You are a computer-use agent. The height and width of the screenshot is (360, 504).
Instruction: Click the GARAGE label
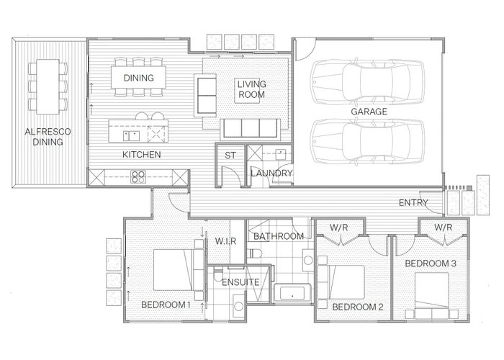[x=369, y=112]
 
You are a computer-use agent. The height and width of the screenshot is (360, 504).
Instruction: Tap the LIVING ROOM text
[x=251, y=89]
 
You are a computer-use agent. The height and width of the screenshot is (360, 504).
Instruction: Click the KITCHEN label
[x=141, y=155]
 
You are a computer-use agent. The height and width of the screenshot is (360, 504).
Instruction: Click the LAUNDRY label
[x=271, y=174]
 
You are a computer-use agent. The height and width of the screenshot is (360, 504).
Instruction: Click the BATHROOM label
[x=276, y=236]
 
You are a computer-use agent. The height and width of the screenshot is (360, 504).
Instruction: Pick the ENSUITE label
[x=240, y=282]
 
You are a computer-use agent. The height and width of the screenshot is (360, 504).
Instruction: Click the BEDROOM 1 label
[x=165, y=305]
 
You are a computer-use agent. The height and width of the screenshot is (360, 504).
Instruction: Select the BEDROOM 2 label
[x=357, y=307]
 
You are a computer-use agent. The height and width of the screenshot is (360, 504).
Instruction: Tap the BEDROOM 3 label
[x=430, y=264]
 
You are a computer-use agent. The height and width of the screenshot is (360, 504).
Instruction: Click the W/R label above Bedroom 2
[x=340, y=228]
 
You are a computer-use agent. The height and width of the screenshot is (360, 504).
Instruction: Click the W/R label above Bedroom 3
[x=444, y=228]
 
